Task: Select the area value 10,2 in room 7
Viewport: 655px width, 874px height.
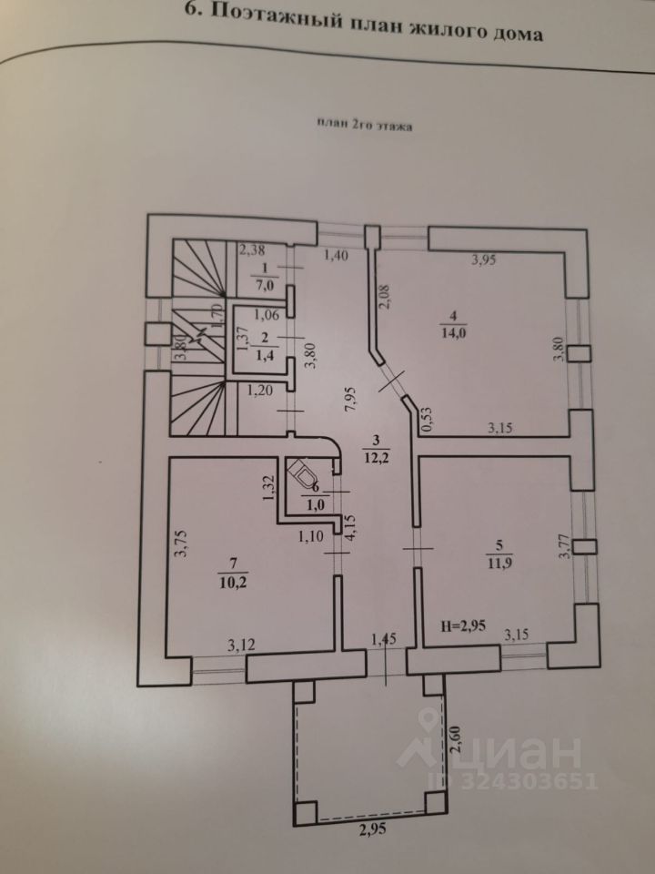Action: (232, 583)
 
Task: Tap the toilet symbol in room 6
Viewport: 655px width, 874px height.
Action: (303, 475)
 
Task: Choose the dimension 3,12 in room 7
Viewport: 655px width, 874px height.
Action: (241, 645)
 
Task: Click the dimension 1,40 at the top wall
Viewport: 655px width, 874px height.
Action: (336, 257)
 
